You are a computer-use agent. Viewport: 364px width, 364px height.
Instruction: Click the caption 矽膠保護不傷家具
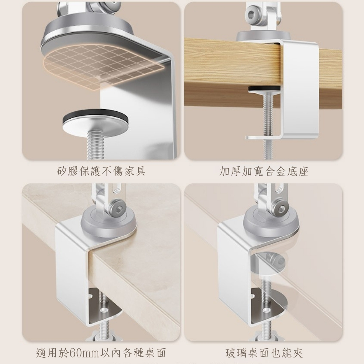point(101,171)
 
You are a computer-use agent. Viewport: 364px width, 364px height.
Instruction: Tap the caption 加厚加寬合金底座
point(264,171)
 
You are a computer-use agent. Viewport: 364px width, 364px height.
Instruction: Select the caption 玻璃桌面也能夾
point(264,353)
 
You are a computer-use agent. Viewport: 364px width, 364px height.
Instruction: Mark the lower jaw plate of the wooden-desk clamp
point(265,137)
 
